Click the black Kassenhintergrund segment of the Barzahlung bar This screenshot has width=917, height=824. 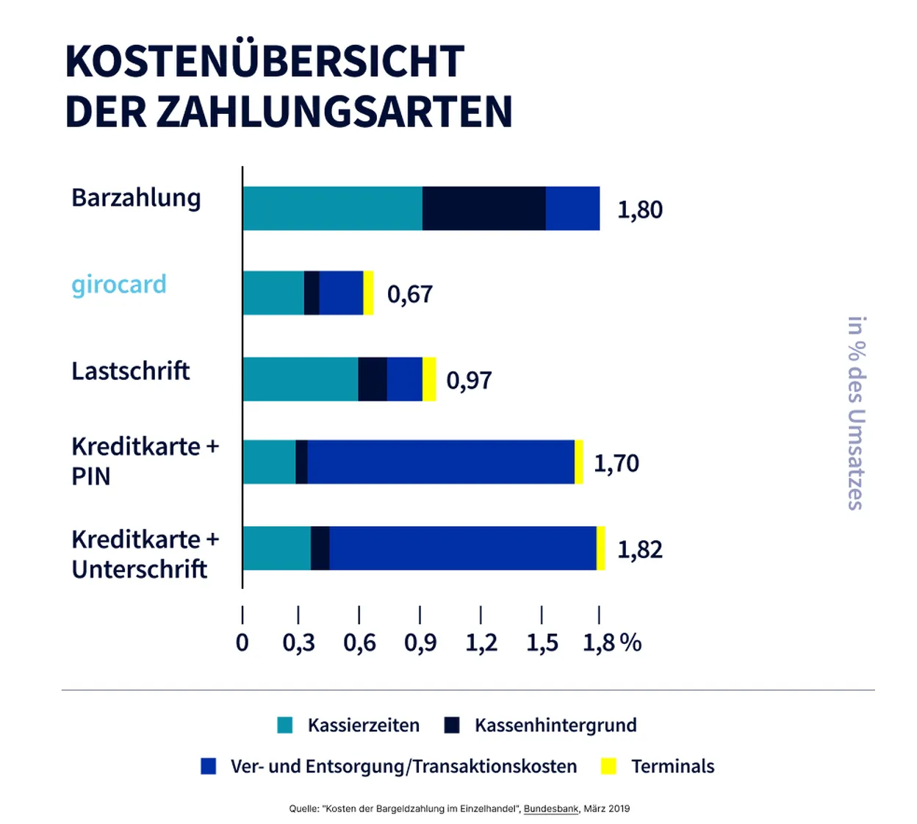[x=483, y=209]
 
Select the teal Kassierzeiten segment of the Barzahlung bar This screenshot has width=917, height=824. [x=332, y=209]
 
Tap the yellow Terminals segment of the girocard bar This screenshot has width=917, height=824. [x=368, y=293]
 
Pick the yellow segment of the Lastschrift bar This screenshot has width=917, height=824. [x=429, y=379]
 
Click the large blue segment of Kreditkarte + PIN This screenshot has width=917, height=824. [x=440, y=462]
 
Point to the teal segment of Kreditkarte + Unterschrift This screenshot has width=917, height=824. [x=276, y=548]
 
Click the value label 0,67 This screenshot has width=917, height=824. [x=410, y=294]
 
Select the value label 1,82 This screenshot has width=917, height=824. [x=639, y=550]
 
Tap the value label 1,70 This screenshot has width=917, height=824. [x=616, y=463]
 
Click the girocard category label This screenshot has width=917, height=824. [x=119, y=284]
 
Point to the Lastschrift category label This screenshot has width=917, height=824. [x=130, y=370]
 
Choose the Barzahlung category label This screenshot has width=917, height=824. [x=136, y=198]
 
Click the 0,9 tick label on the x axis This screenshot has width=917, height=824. [x=420, y=642]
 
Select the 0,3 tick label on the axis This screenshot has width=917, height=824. [x=298, y=642]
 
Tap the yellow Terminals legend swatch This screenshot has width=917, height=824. [x=608, y=766]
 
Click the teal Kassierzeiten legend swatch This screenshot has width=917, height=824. [x=285, y=726]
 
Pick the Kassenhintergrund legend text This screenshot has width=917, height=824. [x=555, y=726]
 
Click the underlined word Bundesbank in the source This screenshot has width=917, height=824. [x=551, y=809]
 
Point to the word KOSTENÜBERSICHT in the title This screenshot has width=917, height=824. [x=265, y=61]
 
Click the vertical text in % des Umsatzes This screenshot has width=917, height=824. [x=856, y=413]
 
